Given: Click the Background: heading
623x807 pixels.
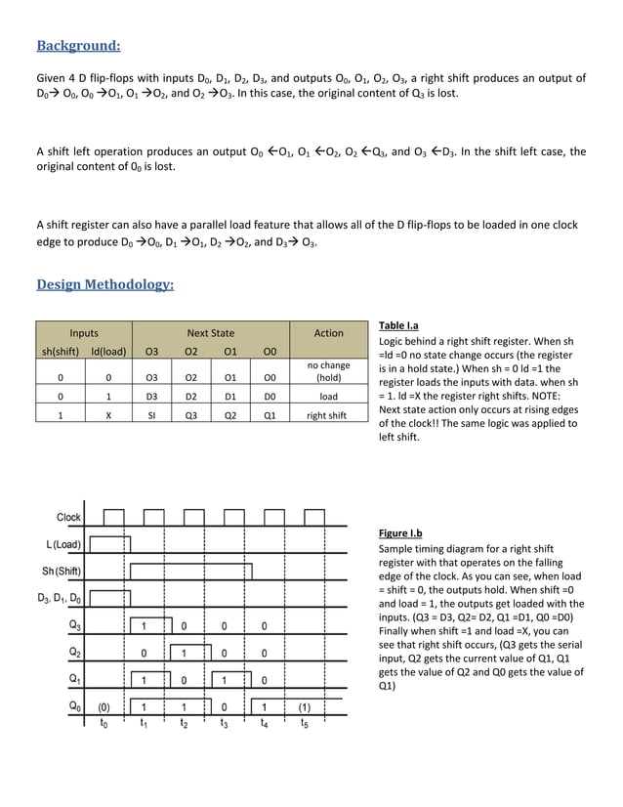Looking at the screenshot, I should pos(78,45).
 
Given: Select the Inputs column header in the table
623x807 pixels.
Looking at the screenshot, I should pos(84,333).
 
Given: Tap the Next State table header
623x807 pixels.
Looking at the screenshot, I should pos(211,333).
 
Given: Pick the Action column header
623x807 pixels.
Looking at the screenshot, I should pos(328,333).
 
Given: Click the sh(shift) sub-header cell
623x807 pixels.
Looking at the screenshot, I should pos(61,350).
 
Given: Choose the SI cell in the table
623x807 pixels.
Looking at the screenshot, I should pos(151,414).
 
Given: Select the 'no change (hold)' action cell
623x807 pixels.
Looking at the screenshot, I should pos(328,372).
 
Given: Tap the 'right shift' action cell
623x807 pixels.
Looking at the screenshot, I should pos(328,414).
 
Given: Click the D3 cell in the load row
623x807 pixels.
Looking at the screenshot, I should pos(151,397).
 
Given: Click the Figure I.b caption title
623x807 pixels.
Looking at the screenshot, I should pos(400,533).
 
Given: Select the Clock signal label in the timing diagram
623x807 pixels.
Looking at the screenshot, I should pos(68,517).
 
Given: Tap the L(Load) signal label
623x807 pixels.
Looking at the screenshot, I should pos(62,544).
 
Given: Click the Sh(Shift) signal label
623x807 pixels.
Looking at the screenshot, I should pos(62,571).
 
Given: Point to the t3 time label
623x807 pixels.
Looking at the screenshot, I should pos(224,724).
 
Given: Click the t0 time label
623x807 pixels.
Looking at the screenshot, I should pos(104,724).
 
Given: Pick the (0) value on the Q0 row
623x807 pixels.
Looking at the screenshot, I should pos(103,705).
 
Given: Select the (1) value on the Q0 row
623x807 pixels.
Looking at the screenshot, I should pos(304,705).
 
